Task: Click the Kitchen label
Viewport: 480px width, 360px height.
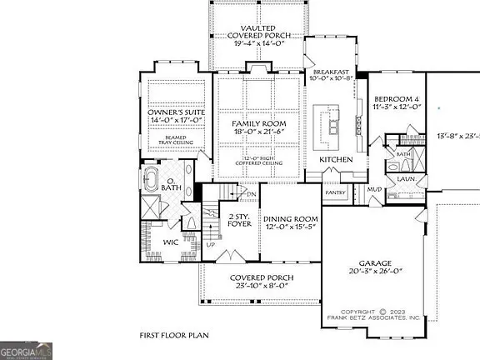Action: (336, 159)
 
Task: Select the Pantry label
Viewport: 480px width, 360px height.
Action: (335, 192)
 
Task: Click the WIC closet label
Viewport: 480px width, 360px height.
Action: (171, 242)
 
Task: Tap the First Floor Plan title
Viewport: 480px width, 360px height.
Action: (173, 335)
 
